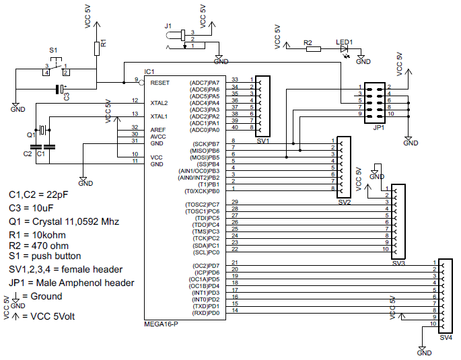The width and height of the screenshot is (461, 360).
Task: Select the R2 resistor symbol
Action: click(310, 48)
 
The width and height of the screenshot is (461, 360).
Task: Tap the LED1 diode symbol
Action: click(345, 48)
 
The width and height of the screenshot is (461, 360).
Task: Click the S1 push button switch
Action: click(57, 69)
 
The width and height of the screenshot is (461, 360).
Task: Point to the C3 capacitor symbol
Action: click(61, 89)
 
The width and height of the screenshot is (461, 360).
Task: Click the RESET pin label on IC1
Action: click(160, 82)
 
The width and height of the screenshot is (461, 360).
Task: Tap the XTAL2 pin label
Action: click(159, 103)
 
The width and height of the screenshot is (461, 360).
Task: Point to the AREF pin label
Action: click(158, 129)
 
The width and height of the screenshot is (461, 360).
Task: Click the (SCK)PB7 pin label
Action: click(206, 144)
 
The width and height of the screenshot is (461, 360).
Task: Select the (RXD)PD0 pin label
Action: click(205, 313)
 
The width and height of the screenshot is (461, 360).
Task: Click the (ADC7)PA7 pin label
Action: click(205, 82)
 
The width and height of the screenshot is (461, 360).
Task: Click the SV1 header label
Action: click(262, 141)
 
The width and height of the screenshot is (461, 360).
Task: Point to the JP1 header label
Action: click(378, 127)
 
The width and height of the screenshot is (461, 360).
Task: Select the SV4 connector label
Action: click(446, 338)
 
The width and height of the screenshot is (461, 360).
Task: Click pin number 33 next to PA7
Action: click(234, 79)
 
